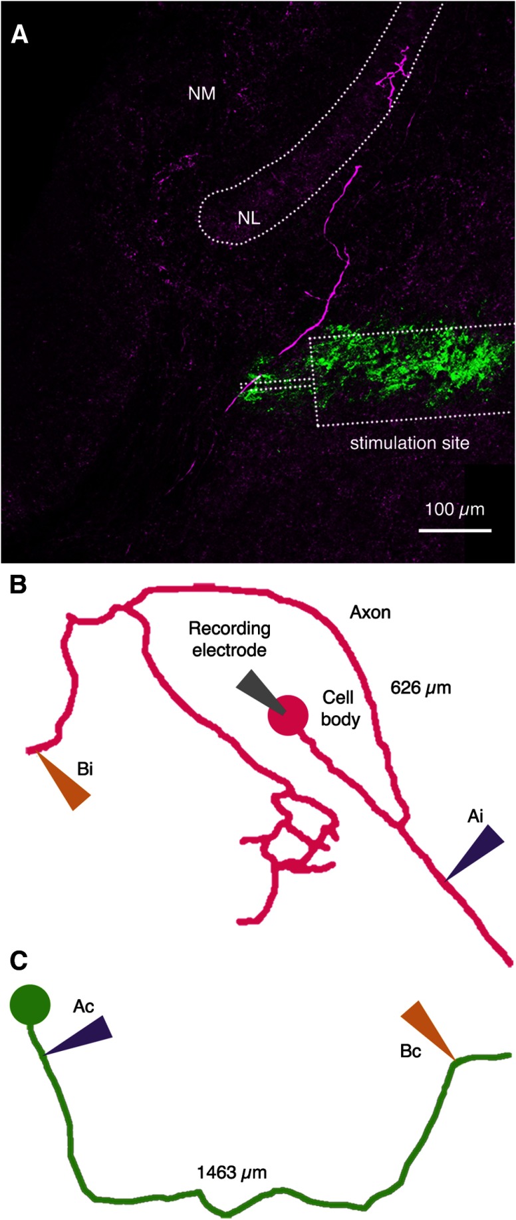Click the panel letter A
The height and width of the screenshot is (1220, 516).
pyautogui.click(x=19, y=34)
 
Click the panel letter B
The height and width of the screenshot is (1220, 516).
pyautogui.click(x=18, y=585)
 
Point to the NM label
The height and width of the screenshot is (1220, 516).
pyautogui.click(x=201, y=93)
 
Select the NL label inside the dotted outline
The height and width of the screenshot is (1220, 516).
pyautogui.click(x=249, y=218)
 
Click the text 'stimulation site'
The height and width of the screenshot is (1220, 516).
pyautogui.click(x=410, y=442)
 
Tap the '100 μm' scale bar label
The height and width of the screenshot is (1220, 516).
pyautogui.click(x=455, y=510)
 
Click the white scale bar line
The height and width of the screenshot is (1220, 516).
pyautogui.click(x=455, y=530)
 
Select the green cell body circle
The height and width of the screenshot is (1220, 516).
pyautogui.click(x=30, y=1005)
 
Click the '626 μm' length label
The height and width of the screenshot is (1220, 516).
pyautogui.click(x=421, y=687)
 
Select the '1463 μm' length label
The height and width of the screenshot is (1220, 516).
pyautogui.click(x=231, y=1173)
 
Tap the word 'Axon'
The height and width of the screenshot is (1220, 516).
pyautogui.click(x=370, y=612)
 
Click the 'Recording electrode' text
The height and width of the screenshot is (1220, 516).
pyautogui.click(x=229, y=639)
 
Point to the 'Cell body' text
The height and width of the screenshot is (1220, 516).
pyautogui.click(x=339, y=708)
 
